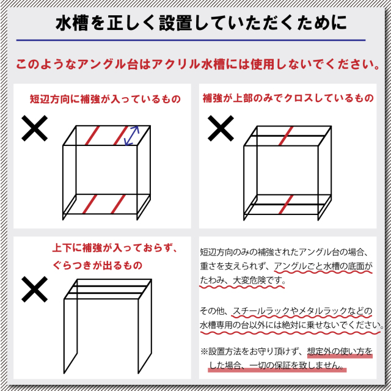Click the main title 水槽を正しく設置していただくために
coord(201,23)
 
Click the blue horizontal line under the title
coord(191,40)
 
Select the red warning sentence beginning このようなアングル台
coord(198,64)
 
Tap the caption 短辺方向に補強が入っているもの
coord(105,99)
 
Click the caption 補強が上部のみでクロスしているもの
coord(288,98)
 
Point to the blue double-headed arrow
coord(131,136)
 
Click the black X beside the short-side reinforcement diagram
coord(34,128)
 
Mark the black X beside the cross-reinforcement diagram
coord(221,128)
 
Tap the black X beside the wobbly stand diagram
coord(34,289)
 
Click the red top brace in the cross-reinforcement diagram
coord(286,136)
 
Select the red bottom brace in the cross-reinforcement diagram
coord(286,205)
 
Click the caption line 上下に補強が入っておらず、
coord(114,248)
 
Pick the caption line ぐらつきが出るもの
coord(97,265)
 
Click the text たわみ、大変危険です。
coord(243,280)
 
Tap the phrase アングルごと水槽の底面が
coord(323,266)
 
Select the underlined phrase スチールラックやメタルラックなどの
coord(302,311)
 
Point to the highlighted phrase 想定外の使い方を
coord(340,351)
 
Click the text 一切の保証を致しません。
coord(298,365)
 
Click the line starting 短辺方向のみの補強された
coord(284,252)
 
